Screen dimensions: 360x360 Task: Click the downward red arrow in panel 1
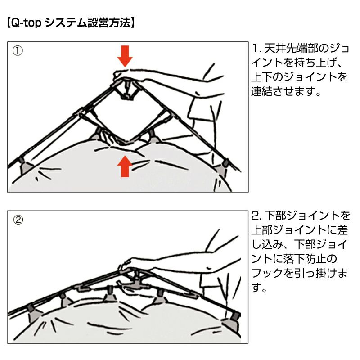click(125, 55)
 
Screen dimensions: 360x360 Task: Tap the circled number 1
click(18, 50)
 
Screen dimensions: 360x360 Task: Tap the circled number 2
click(18, 220)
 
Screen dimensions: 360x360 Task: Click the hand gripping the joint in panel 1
click(129, 75)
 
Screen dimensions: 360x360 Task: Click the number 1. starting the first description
click(256, 48)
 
